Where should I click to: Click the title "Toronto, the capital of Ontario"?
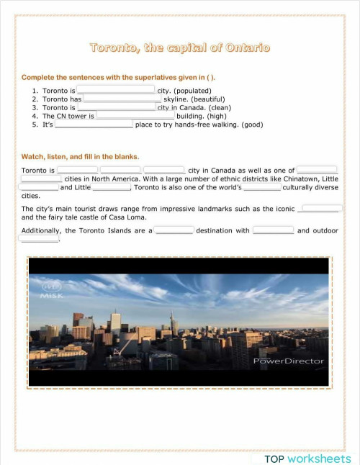[180, 48]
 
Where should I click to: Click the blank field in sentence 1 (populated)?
[116, 90]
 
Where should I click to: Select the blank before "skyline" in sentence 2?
[122, 99]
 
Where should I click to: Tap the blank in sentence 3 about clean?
[116, 107]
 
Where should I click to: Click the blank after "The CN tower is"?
[135, 115]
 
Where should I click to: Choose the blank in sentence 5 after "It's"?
[94, 124]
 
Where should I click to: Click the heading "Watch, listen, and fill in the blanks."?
[81, 156]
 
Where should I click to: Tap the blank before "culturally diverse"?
[261, 187]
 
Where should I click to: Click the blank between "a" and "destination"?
[174, 230]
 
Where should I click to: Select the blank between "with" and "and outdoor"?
[273, 230]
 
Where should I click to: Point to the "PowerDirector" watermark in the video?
[289, 361]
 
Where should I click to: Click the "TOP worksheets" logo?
[307, 458]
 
